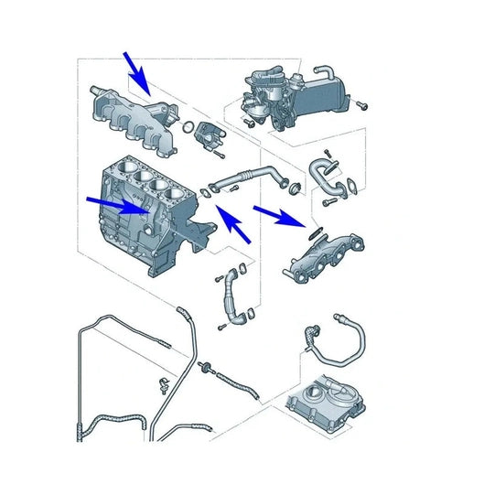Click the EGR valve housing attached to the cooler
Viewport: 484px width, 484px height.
point(269,91)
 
